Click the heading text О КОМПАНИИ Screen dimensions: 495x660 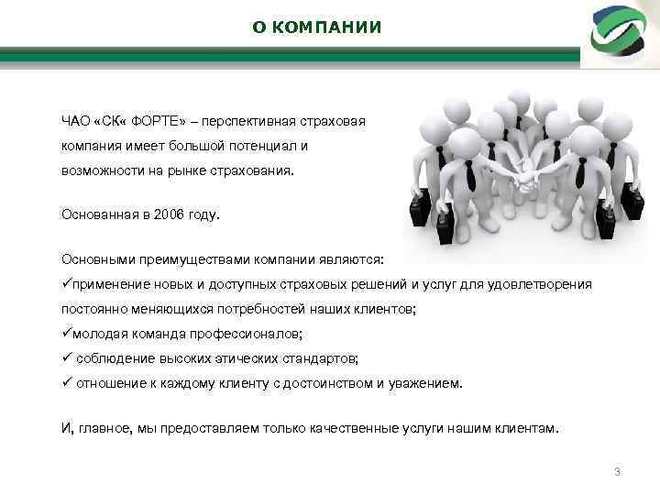[316, 27]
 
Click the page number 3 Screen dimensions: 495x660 [617, 472]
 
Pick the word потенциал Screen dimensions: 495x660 [266, 145]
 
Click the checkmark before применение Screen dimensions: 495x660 [66, 284]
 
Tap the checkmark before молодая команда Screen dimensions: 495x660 [66, 334]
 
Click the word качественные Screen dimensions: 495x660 [348, 428]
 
